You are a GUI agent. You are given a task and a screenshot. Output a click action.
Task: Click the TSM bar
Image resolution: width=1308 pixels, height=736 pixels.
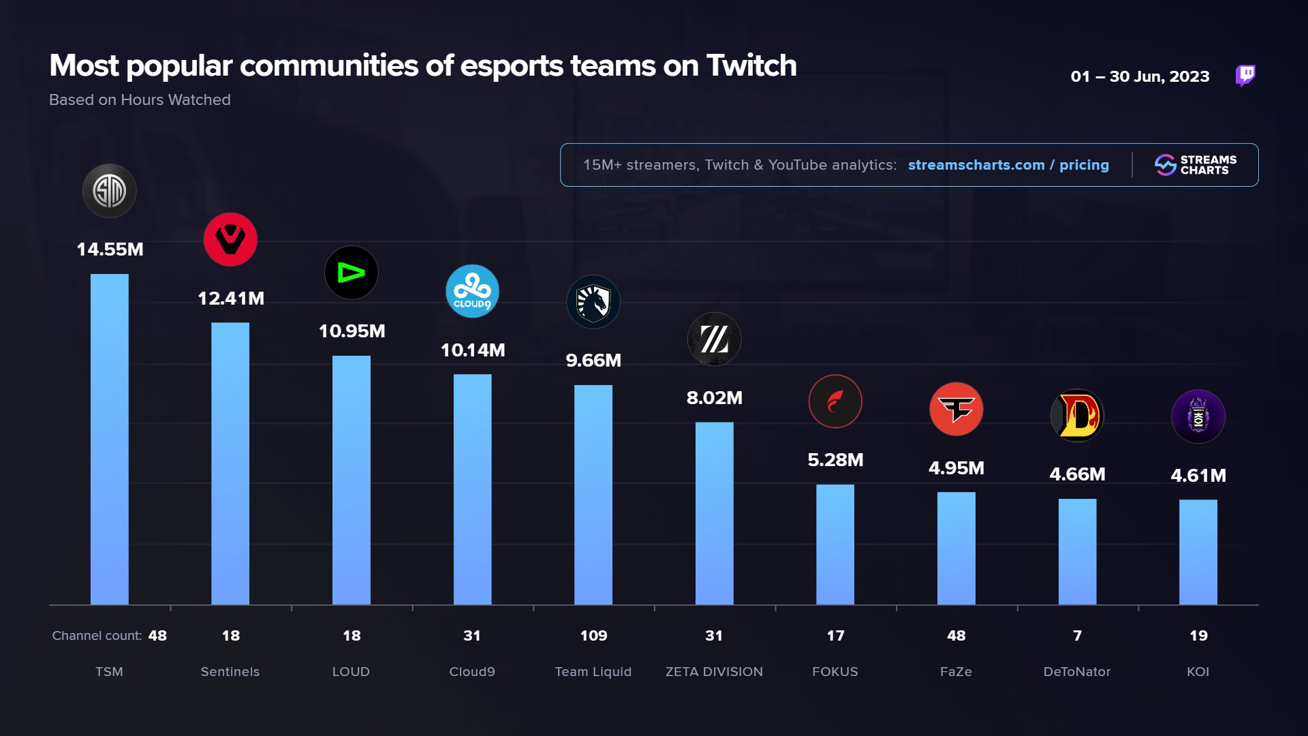(109, 440)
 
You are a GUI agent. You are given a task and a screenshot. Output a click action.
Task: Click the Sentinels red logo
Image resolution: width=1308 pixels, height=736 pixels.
(230, 239)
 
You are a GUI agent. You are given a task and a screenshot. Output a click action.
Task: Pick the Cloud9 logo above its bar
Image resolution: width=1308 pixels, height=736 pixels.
(472, 292)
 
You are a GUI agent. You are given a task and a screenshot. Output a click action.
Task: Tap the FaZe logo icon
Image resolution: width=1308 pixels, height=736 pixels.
(956, 409)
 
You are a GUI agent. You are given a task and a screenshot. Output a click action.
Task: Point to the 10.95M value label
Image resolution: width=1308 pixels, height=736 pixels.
(352, 331)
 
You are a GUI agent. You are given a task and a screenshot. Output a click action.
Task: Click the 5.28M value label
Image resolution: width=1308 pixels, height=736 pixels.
(835, 460)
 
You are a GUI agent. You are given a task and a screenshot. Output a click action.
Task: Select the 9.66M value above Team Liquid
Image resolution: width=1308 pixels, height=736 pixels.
(593, 361)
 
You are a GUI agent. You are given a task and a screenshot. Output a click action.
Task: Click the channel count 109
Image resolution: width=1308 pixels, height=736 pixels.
(593, 636)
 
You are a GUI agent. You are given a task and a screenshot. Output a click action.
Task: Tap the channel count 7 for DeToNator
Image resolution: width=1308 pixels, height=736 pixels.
(1077, 636)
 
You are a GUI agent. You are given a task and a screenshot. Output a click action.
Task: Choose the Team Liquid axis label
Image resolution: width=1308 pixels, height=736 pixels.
(593, 672)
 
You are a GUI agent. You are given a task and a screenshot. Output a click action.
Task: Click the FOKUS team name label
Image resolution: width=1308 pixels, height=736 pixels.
(835, 672)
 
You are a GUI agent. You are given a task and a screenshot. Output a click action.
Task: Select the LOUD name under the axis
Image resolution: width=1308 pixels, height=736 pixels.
(351, 672)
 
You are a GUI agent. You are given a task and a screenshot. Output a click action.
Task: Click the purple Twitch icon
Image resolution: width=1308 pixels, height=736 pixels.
(1245, 75)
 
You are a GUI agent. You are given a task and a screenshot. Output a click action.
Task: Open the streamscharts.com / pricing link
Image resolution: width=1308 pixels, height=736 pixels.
(1008, 165)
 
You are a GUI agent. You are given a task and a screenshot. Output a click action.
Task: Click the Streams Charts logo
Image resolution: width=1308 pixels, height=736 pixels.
(1196, 165)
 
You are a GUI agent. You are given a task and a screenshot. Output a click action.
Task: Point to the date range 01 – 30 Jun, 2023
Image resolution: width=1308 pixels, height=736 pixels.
(1140, 76)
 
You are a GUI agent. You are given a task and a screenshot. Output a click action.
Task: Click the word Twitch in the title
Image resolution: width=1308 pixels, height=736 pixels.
(751, 66)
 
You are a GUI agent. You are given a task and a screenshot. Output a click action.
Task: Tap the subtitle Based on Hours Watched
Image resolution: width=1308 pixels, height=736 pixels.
(140, 99)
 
